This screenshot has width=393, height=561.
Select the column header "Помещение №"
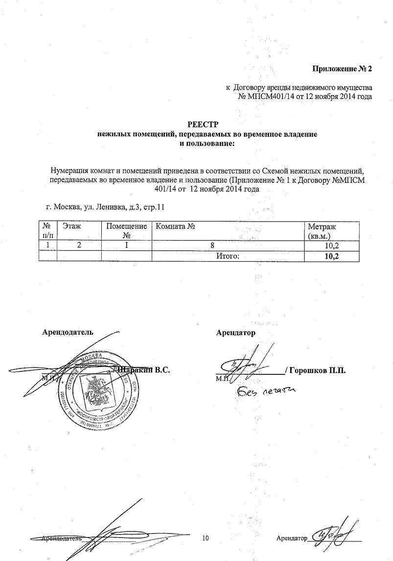(x=126, y=231)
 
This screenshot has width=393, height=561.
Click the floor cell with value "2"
(x=79, y=245)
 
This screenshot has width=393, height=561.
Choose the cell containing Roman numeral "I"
(x=126, y=245)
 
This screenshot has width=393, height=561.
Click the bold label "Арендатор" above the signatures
(x=236, y=333)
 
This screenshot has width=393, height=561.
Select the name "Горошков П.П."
(x=318, y=370)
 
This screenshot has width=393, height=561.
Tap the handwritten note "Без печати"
(x=267, y=391)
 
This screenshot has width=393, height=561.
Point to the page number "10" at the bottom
(x=206, y=538)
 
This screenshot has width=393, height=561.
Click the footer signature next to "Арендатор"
(x=333, y=535)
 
